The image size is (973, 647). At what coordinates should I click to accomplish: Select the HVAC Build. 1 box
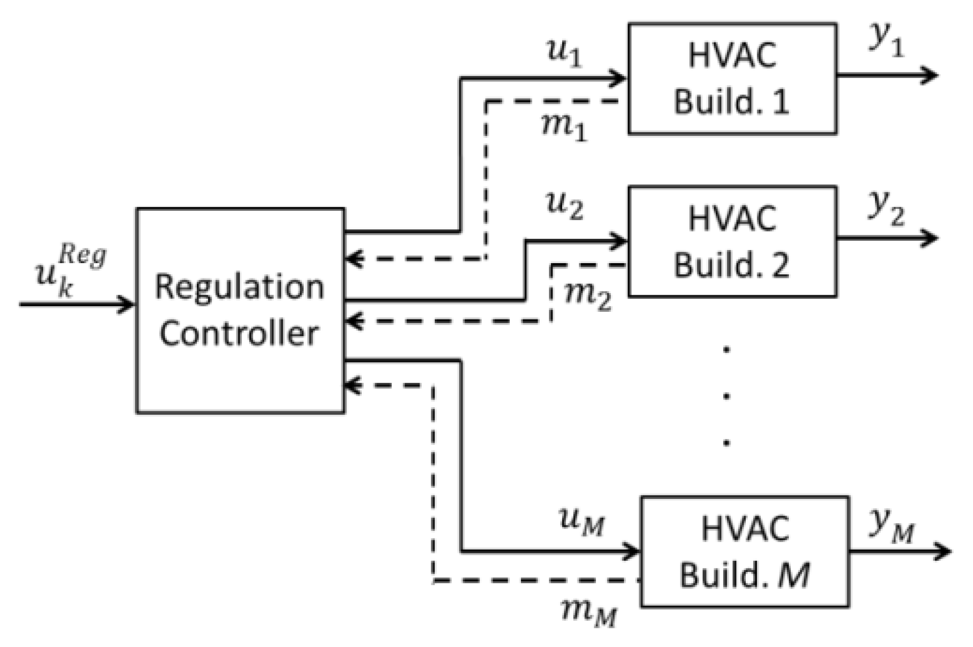point(732,79)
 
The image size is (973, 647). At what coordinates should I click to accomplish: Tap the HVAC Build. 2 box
point(732,242)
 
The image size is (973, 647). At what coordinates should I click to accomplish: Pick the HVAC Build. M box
point(745,551)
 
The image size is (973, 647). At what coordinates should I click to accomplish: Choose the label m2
point(588,296)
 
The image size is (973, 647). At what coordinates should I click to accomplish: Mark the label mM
point(588,611)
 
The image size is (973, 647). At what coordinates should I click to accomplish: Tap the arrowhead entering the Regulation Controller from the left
point(127,304)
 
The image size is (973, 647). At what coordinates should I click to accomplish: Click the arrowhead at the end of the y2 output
point(931,238)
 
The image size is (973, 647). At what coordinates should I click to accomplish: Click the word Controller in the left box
point(239,334)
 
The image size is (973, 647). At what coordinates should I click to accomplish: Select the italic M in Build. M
point(794,575)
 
